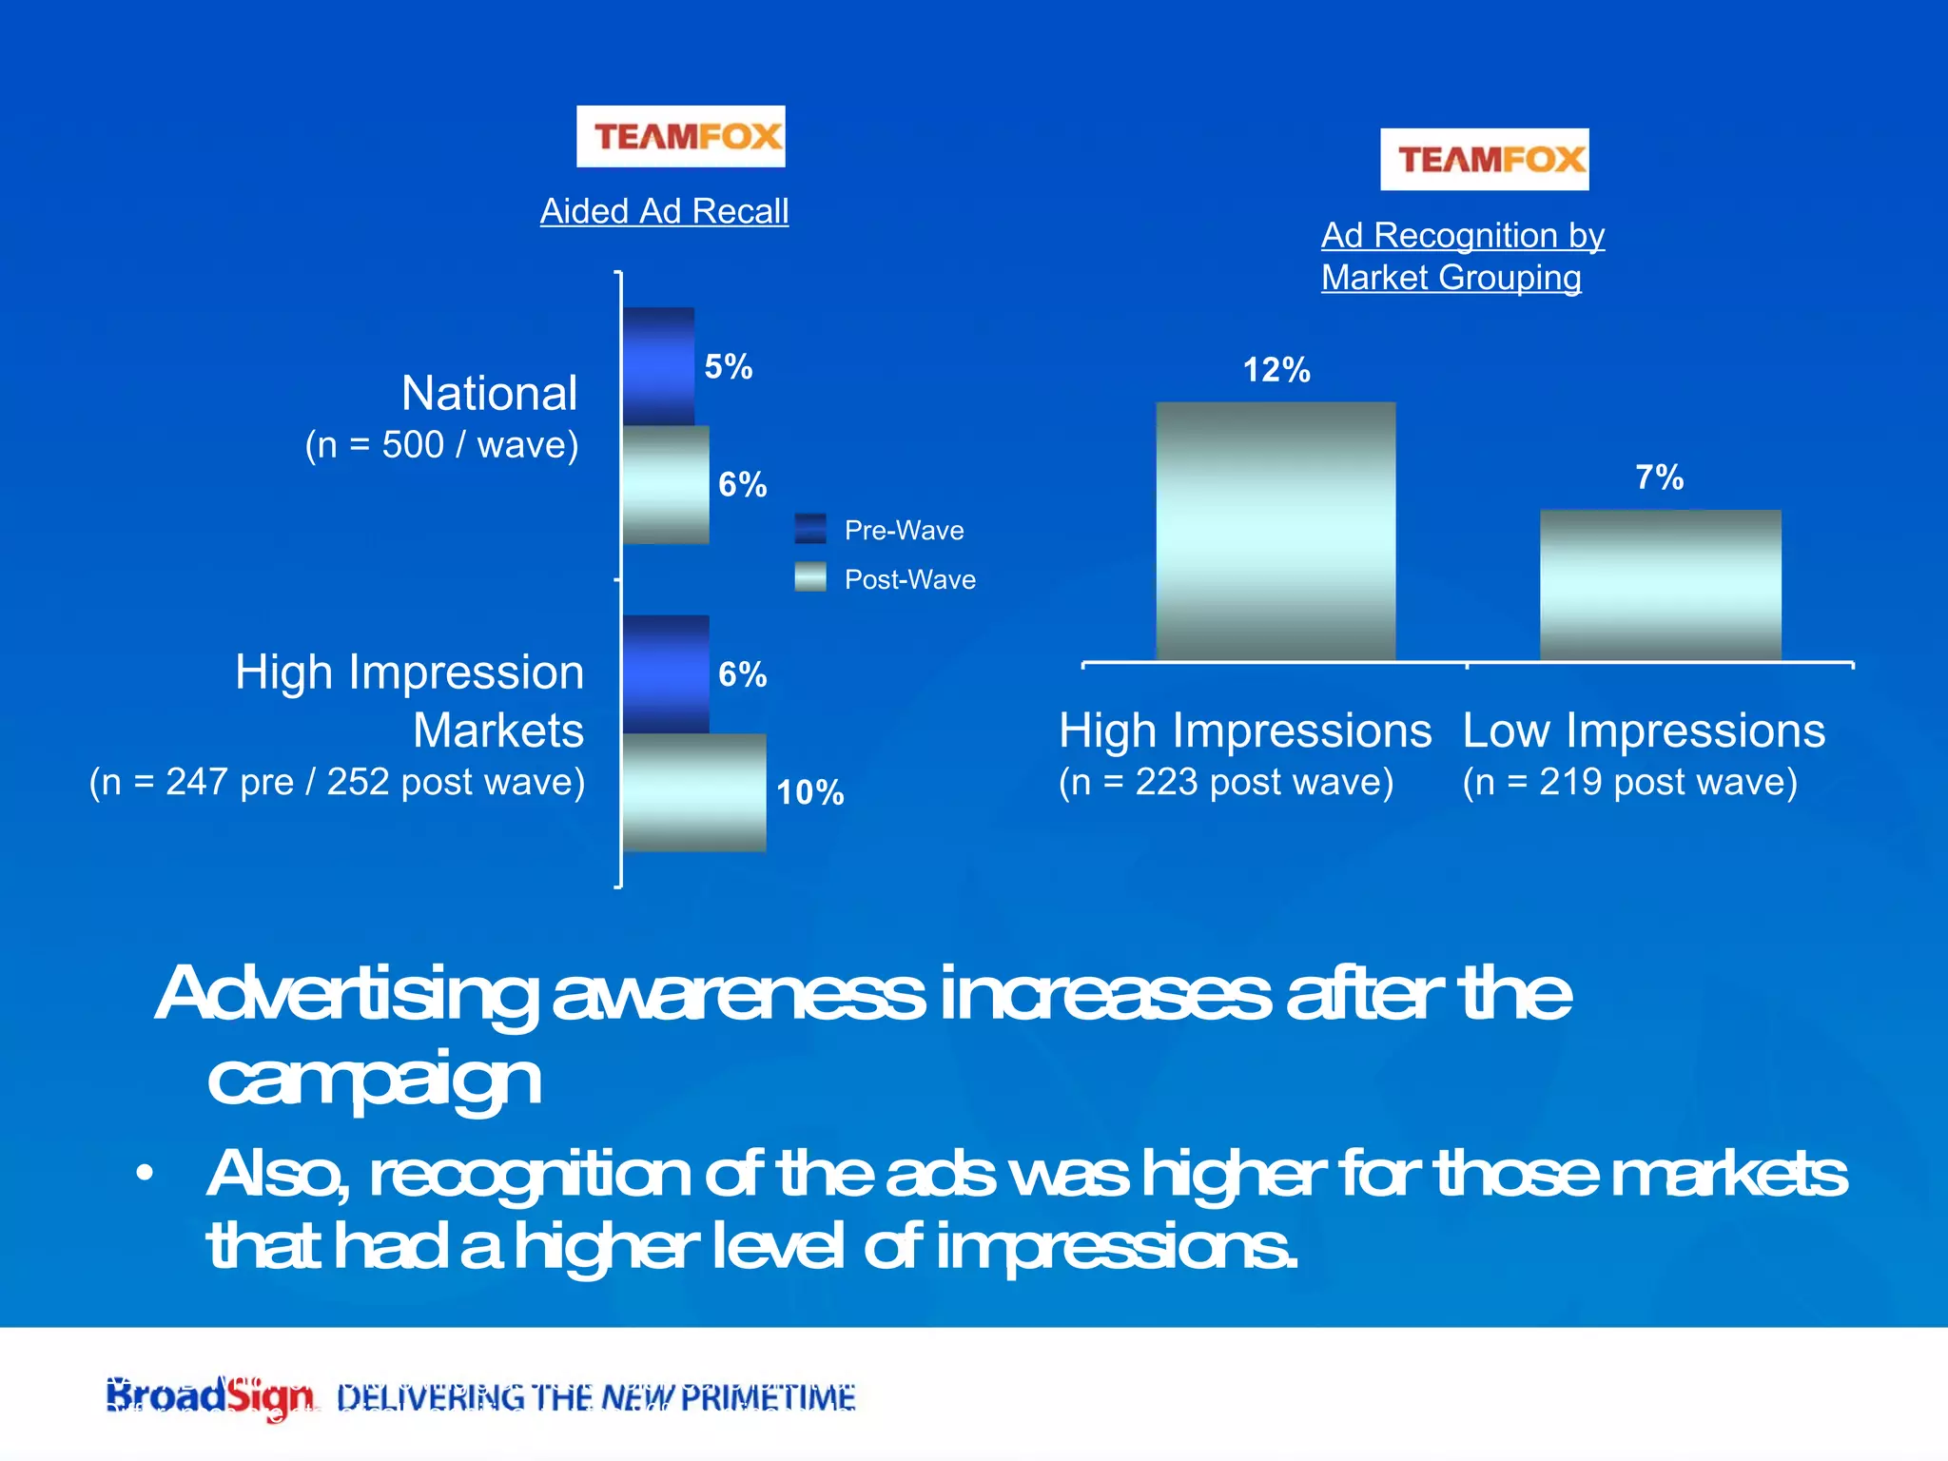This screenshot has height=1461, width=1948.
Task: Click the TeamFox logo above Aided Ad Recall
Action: tap(680, 136)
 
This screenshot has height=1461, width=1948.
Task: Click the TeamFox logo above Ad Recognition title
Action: tap(1484, 159)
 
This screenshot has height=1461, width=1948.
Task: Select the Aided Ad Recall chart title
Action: tap(664, 211)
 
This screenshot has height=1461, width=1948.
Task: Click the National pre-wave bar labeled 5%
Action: tap(658, 366)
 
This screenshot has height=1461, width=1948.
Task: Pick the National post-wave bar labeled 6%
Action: tap(666, 484)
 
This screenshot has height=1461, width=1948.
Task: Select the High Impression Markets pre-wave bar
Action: tap(666, 673)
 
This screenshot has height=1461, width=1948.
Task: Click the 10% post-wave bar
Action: tap(694, 791)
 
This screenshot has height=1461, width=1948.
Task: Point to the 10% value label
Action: tap(809, 792)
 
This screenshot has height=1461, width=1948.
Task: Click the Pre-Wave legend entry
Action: tap(880, 530)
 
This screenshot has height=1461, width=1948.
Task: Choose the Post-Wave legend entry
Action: tap(885, 579)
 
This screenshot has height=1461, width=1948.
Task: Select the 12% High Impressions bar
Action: tap(1276, 531)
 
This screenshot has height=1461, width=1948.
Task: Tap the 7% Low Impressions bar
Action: tap(1660, 584)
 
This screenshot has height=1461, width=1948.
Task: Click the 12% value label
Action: tap(1276, 370)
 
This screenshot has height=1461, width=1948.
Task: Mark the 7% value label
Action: tap(1659, 477)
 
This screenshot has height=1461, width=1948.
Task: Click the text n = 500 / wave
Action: tap(441, 445)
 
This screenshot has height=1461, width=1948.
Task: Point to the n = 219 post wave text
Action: tap(1629, 782)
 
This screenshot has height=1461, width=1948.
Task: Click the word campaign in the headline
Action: tap(374, 1080)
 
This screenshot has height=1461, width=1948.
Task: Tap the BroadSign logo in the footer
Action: tap(209, 1396)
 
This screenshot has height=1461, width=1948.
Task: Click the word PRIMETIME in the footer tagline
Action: tap(768, 1397)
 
